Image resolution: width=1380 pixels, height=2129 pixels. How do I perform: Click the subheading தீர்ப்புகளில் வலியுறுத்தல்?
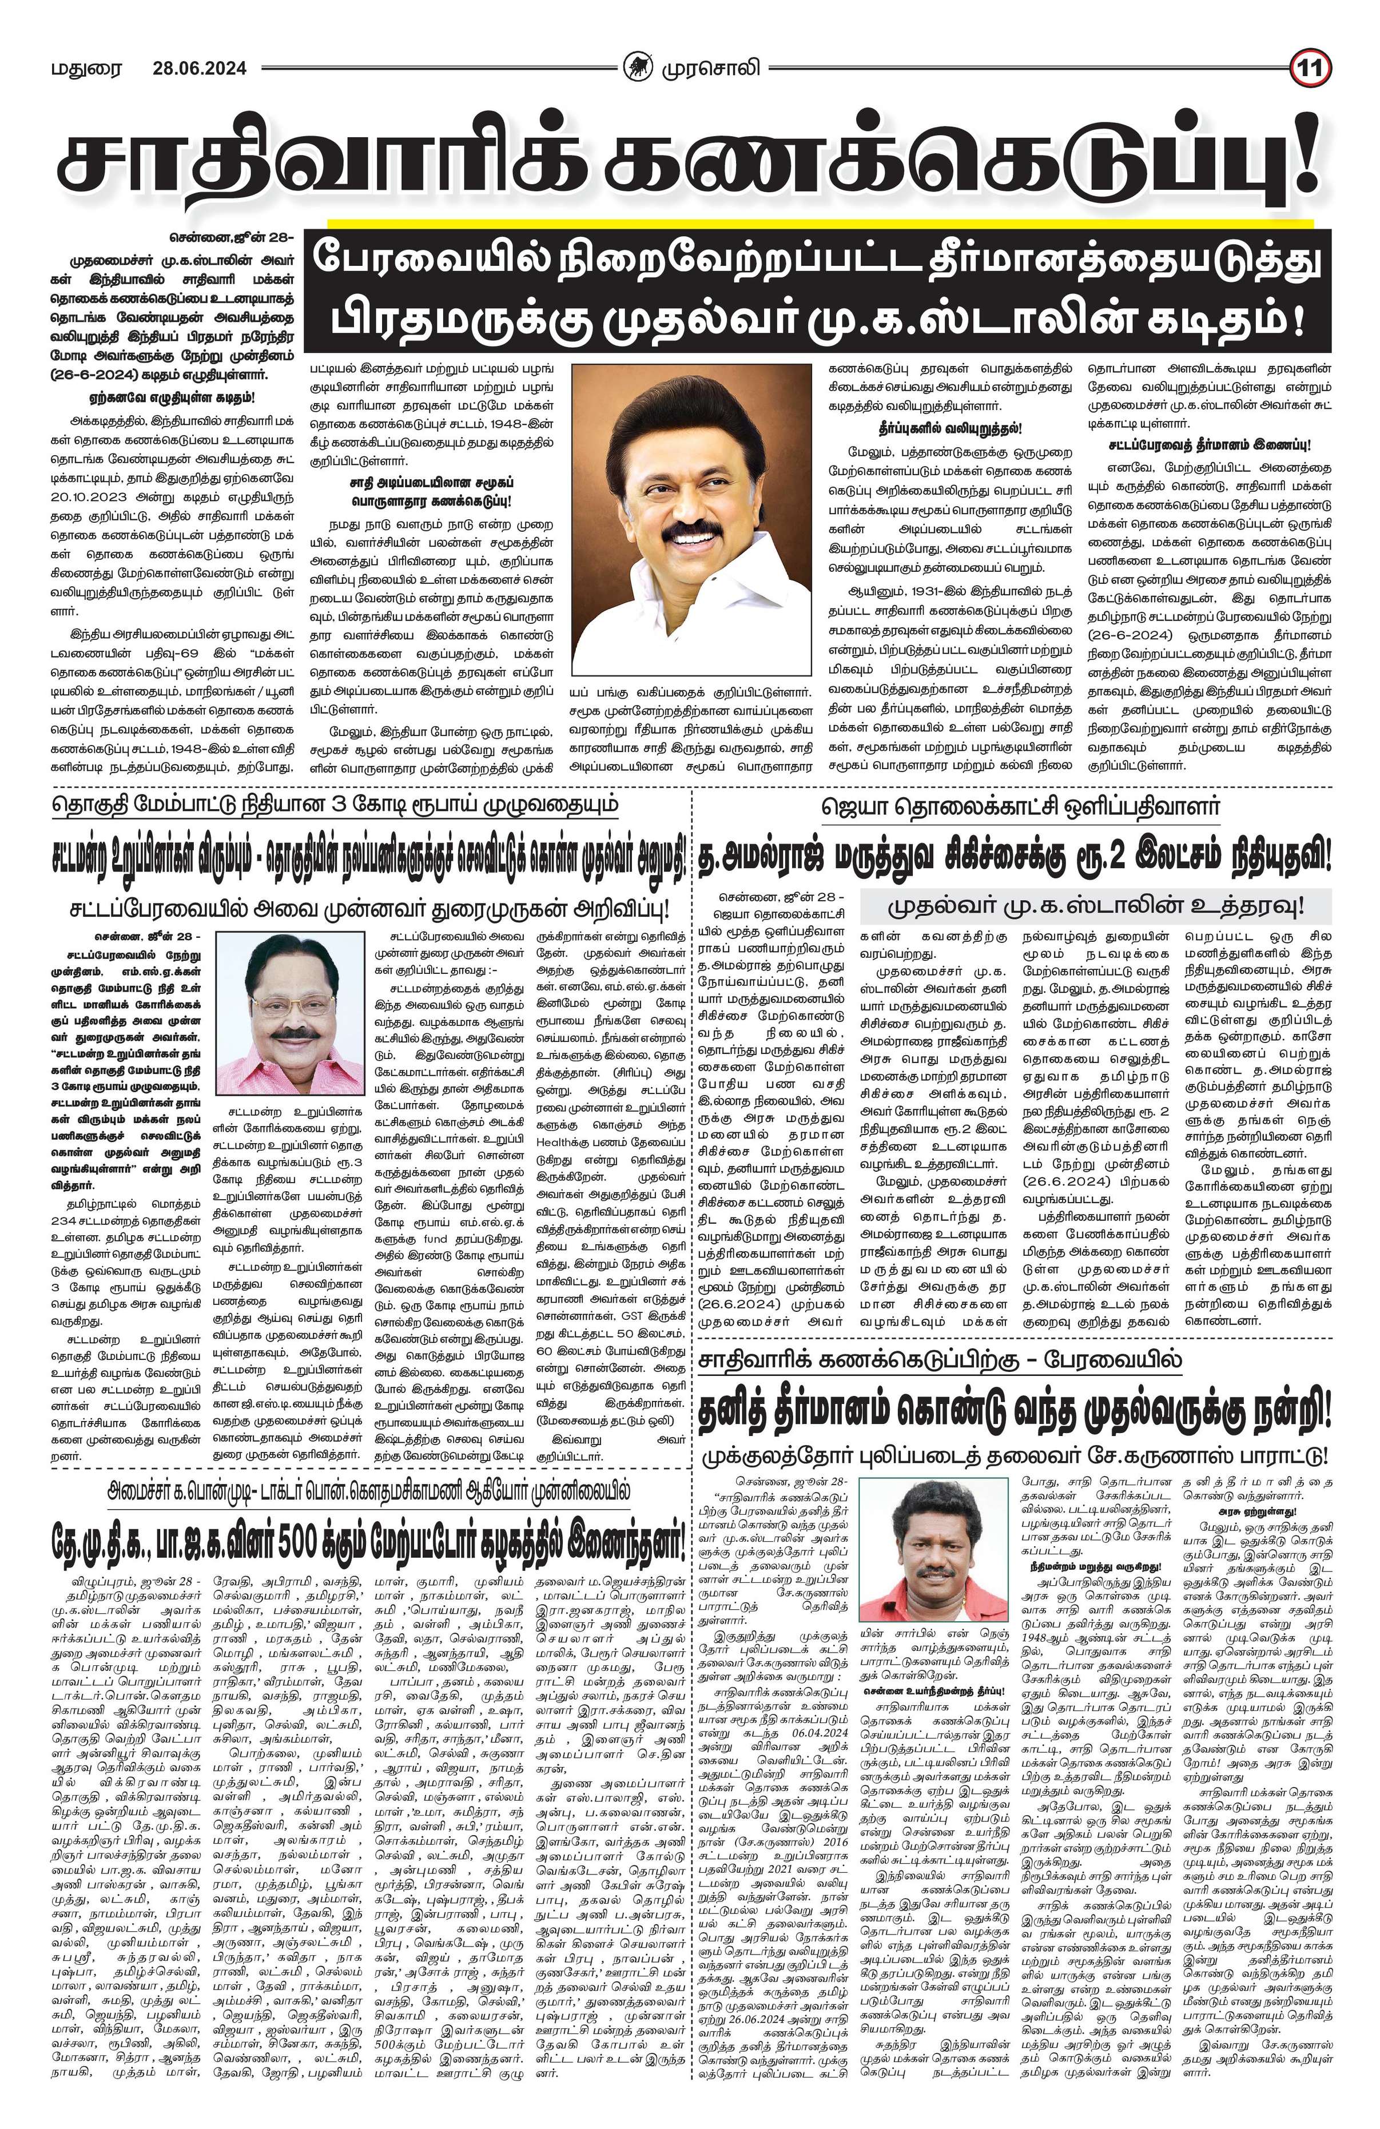pyautogui.click(x=949, y=428)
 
